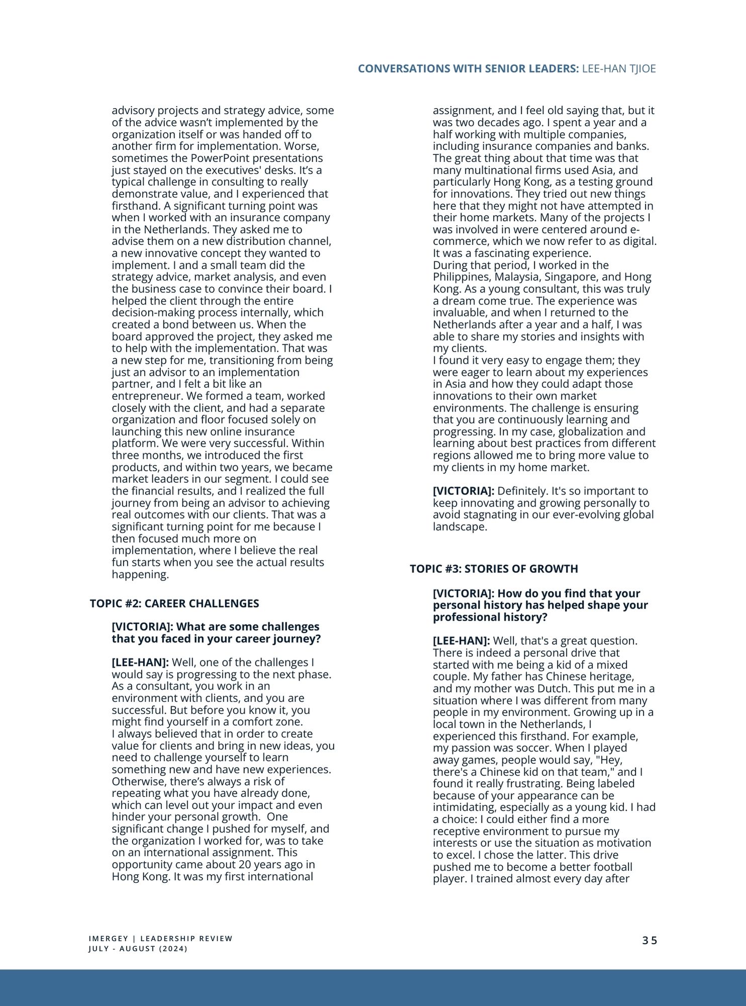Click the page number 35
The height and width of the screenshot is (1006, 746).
coord(649,941)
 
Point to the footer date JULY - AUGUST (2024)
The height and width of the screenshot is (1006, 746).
coord(138,949)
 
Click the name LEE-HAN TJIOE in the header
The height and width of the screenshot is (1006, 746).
coord(619,69)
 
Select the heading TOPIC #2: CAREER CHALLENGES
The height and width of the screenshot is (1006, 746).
coord(174,604)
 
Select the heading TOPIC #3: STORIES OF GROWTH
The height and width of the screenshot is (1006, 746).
coord(494,569)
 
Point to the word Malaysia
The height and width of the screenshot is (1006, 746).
coord(517,277)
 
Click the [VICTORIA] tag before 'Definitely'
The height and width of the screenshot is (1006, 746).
coord(463,491)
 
